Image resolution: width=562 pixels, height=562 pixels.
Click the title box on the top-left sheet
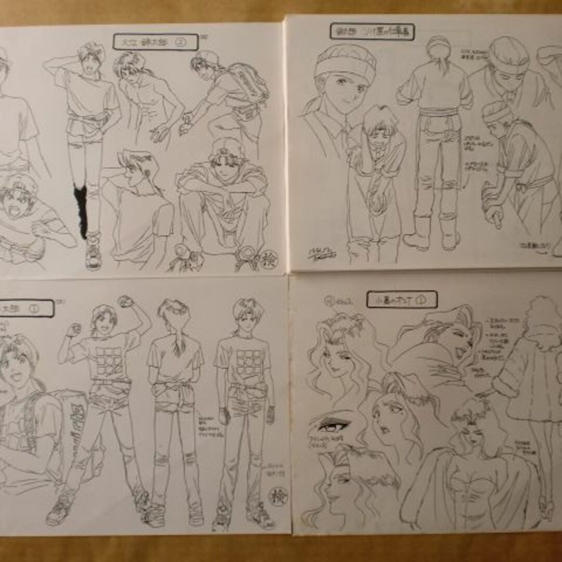tap(155, 42)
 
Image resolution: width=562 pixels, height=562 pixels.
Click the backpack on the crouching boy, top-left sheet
tap(249, 83)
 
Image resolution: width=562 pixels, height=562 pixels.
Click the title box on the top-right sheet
tap(372, 31)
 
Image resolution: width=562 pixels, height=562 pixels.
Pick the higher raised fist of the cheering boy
tap(126, 302)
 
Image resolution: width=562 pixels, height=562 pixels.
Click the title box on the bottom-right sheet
tap(402, 299)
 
